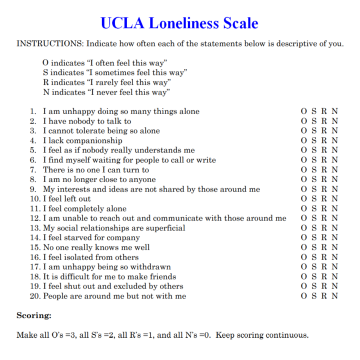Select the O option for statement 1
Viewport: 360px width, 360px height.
(303, 111)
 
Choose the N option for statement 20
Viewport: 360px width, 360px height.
(335, 296)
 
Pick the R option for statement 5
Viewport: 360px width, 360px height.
(324, 150)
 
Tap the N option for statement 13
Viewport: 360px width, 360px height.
(335, 228)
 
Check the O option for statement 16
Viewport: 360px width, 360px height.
(303, 257)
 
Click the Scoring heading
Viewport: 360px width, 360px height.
(34, 315)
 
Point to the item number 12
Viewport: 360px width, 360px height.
(35, 218)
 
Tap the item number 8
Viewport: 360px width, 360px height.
(33, 179)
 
